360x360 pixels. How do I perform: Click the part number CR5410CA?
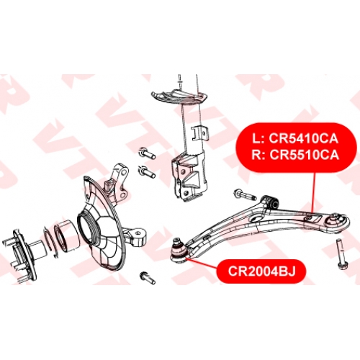click(303, 138)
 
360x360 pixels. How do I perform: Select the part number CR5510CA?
click(305, 155)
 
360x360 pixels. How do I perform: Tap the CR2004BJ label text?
click(261, 271)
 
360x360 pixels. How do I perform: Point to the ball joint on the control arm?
click(179, 250)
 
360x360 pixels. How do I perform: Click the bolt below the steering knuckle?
click(147, 278)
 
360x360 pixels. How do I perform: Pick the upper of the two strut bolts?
click(147, 153)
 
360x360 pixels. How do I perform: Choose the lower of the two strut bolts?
click(147, 171)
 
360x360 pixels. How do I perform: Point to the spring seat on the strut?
click(179, 96)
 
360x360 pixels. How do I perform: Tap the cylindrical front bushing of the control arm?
click(271, 202)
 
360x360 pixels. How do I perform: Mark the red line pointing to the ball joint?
click(202, 264)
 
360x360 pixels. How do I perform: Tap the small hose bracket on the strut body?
click(199, 132)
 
